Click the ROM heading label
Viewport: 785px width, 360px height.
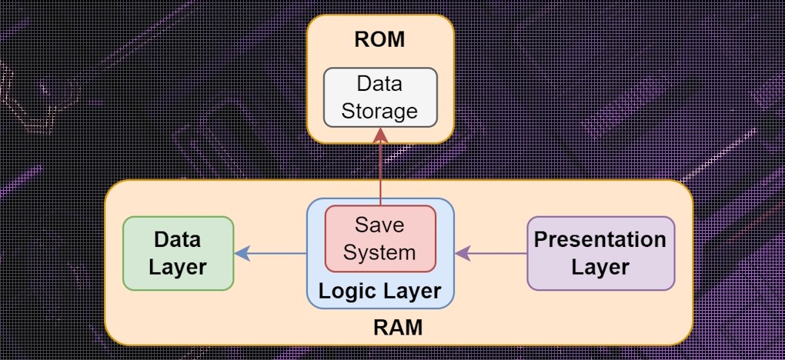[379, 40]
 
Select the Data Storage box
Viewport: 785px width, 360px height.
[380, 97]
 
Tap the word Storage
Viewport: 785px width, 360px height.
[380, 111]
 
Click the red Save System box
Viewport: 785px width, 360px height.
[380, 238]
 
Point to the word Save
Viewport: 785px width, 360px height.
[379, 225]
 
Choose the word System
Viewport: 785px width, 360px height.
[379, 252]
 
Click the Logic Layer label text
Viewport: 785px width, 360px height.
[380, 292]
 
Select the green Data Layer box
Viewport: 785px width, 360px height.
[179, 253]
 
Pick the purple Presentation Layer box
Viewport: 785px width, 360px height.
[600, 253]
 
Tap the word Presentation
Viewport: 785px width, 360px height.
[600, 239]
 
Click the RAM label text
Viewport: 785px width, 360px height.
[398, 328]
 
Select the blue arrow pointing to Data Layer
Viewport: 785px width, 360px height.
[273, 252]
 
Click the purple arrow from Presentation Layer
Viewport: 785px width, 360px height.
[493, 252]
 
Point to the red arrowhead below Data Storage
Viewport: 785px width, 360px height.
[380, 135]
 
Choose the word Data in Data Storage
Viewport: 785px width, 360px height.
[380, 82]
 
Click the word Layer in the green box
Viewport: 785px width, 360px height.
[178, 267]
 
